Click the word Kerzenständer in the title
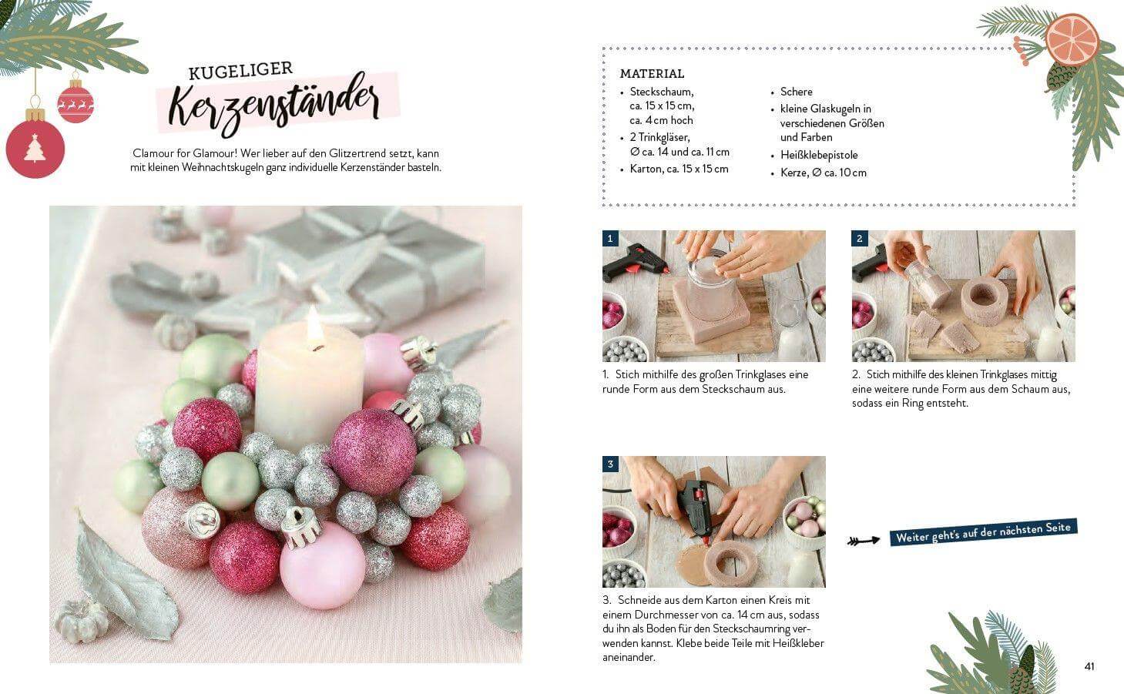(273, 104)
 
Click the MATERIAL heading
(652, 74)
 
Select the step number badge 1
(610, 239)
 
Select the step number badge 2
(860, 239)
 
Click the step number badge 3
(610, 464)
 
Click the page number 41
(1089, 666)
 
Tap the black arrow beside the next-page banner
(863, 541)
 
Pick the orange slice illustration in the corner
(1072, 39)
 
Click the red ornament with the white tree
(35, 147)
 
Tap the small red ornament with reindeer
(75, 102)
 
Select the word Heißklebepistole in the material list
(818, 155)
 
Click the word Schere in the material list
(796, 92)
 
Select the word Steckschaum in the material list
(661, 92)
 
